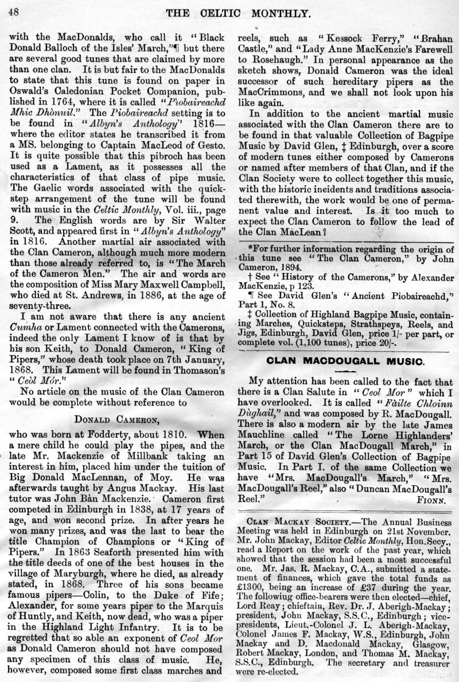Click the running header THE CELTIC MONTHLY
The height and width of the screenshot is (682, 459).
231,11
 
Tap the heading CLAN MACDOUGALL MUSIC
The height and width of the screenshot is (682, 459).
344,361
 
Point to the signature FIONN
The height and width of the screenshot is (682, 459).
436,500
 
